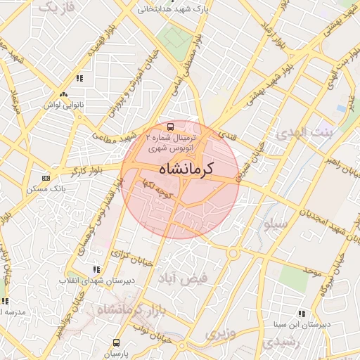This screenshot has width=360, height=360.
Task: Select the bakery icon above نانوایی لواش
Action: coord(64,94)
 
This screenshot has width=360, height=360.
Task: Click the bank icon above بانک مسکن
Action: coord(46,179)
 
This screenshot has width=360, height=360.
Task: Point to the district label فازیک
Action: coord(56,8)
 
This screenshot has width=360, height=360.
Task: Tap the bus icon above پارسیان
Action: coord(115,343)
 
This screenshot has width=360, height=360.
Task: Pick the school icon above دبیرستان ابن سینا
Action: coord(301,314)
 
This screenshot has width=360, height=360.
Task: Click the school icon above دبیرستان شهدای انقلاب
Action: coord(96,269)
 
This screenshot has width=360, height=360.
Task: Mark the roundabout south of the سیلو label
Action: coord(233,252)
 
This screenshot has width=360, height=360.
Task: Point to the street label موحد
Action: coord(313,268)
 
